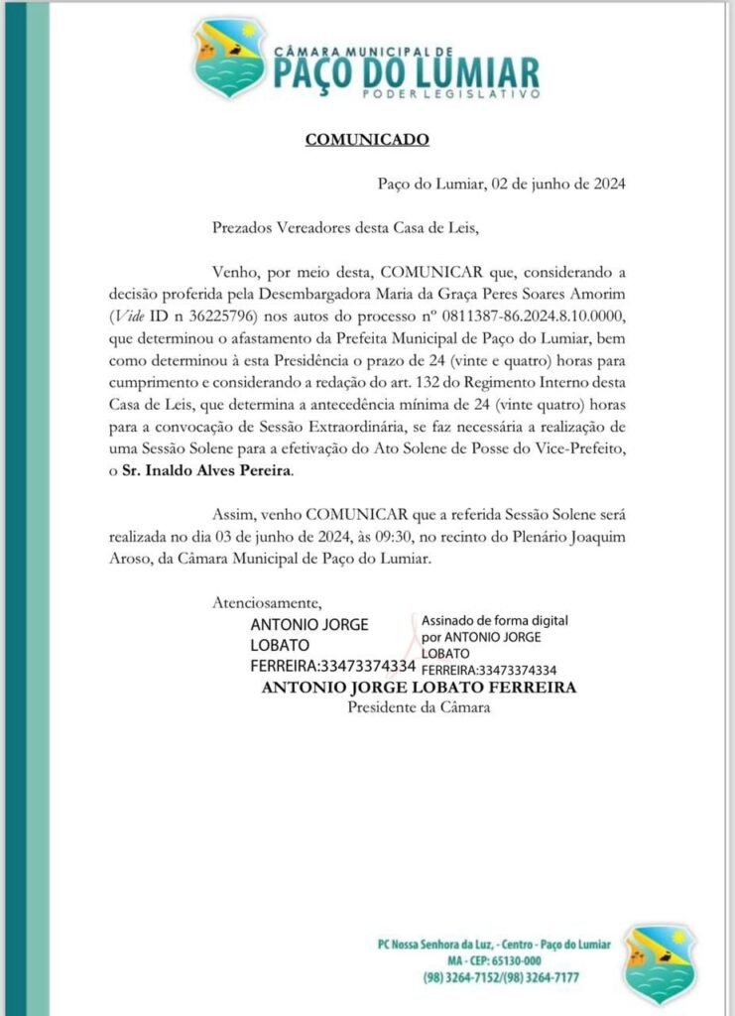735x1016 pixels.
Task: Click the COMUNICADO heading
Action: tap(367, 139)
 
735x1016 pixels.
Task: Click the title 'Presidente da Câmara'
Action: tap(419, 707)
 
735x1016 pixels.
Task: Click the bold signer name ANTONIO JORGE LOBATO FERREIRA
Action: tap(419, 688)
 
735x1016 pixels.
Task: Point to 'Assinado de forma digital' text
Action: tap(495, 618)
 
